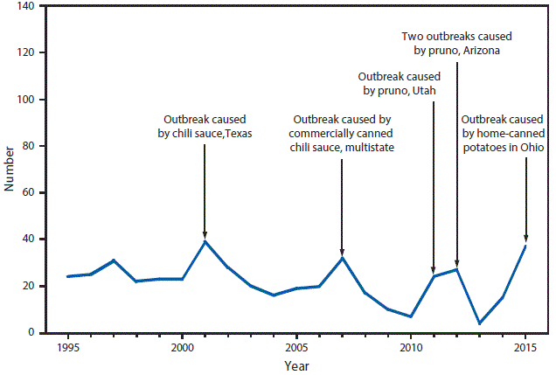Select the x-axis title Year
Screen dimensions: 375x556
pyautogui.click(x=296, y=366)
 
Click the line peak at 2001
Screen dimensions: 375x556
pyautogui.click(x=205, y=241)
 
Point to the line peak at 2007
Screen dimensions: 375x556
pyautogui.click(x=342, y=257)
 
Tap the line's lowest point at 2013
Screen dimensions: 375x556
pyautogui.click(x=479, y=323)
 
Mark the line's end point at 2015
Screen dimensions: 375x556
pyautogui.click(x=525, y=246)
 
